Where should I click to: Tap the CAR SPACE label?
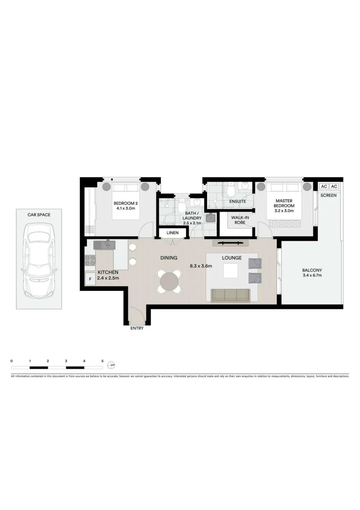click(39, 215)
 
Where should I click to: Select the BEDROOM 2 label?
click(126, 204)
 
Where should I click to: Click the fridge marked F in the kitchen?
click(90, 279)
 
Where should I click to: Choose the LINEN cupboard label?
click(172, 233)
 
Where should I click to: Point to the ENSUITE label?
click(237, 202)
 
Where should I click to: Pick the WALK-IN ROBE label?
click(237, 221)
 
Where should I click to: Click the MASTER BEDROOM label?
click(285, 204)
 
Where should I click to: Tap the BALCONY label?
click(312, 271)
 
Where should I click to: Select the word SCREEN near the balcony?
click(328, 195)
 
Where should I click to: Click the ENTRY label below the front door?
click(137, 328)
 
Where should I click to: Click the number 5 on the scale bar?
click(102, 361)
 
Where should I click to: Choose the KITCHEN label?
click(108, 272)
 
